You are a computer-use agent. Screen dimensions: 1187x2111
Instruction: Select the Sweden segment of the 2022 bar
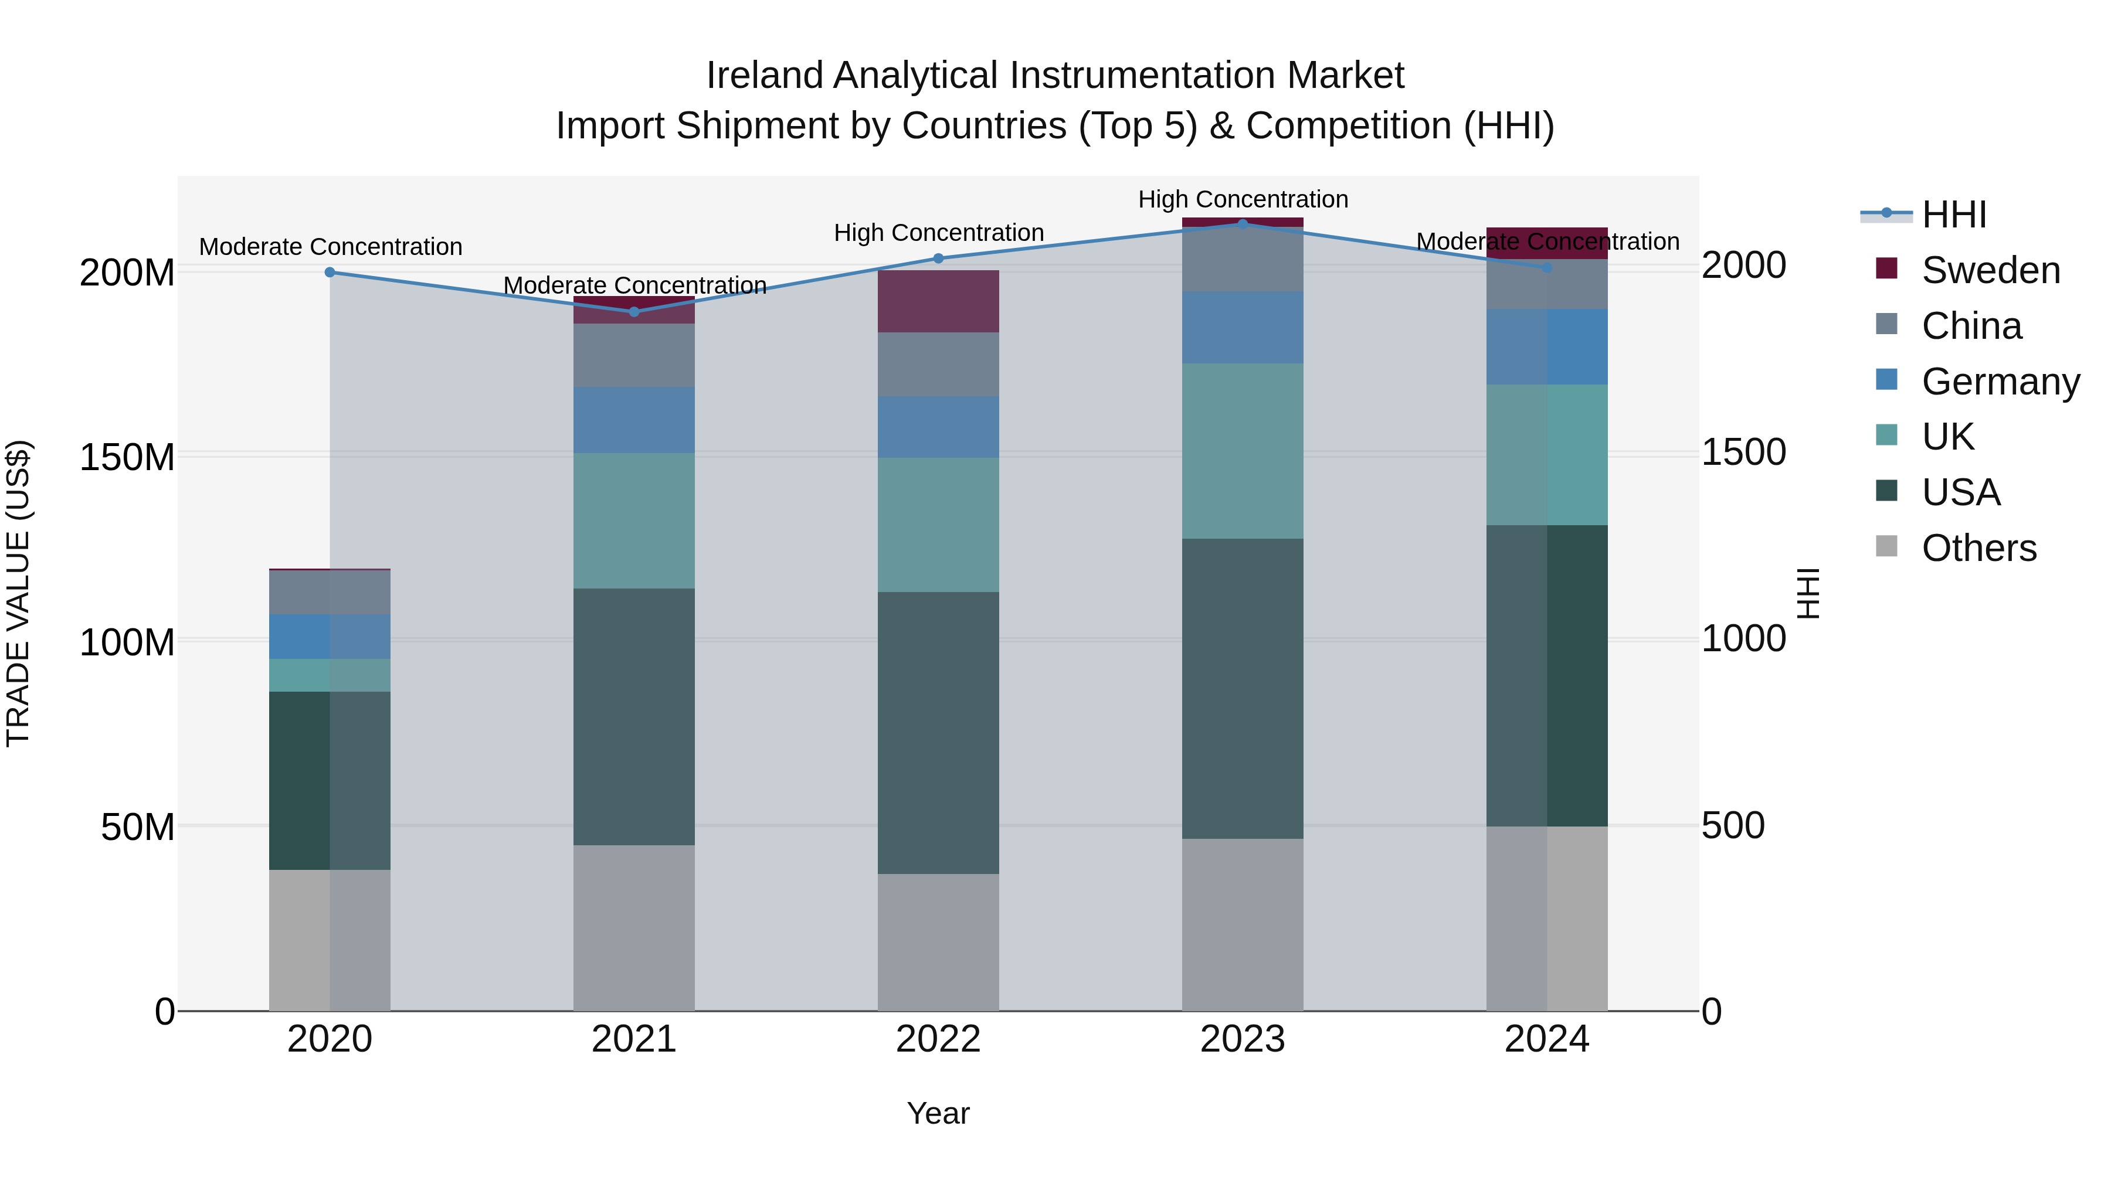point(938,301)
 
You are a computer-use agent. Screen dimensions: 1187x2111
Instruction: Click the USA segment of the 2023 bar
point(1243,688)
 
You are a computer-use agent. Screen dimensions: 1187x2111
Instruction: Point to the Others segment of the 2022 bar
point(938,942)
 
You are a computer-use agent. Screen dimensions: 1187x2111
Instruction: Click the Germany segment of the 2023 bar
point(1243,327)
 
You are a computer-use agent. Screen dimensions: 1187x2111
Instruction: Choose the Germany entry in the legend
point(2000,382)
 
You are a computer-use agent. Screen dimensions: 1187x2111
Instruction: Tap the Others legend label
point(1978,548)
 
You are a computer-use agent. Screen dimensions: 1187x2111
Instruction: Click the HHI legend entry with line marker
point(1954,215)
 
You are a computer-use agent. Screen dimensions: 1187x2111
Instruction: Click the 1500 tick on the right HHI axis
point(1744,451)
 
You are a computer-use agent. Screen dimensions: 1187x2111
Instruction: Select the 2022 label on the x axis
point(938,1039)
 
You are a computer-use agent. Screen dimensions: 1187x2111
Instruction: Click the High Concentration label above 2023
point(1243,199)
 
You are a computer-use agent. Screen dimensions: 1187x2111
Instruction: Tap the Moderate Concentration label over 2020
point(330,247)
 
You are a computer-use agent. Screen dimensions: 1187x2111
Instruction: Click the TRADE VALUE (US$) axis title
point(18,593)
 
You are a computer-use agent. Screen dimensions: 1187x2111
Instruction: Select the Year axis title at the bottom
point(938,1113)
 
